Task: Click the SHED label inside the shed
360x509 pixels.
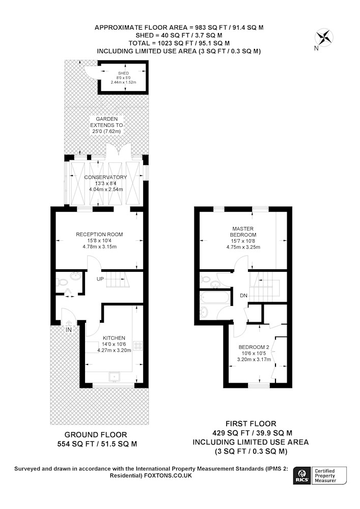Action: pos(123,73)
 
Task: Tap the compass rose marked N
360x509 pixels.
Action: pos(324,37)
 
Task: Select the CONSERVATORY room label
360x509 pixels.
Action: pos(105,177)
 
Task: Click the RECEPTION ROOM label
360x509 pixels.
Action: pos(99,234)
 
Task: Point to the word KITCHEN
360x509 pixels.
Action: pos(114,338)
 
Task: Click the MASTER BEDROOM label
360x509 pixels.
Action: pos(243,232)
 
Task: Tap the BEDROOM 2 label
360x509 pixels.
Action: pos(254,347)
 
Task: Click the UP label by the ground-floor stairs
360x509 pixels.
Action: pos(100,279)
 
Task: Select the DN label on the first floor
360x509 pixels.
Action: pos(243,295)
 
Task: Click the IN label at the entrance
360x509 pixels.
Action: pos(69,330)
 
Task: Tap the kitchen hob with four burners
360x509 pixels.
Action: pos(138,346)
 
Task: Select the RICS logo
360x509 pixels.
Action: pos(302,475)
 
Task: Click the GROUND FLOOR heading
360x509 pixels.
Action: pos(96,435)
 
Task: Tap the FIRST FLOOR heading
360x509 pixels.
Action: pos(251,423)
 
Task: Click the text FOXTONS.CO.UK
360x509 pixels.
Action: pos(168,475)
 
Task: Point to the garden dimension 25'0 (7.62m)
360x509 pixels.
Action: pos(106,131)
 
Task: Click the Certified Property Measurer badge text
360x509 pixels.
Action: pos(325,475)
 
